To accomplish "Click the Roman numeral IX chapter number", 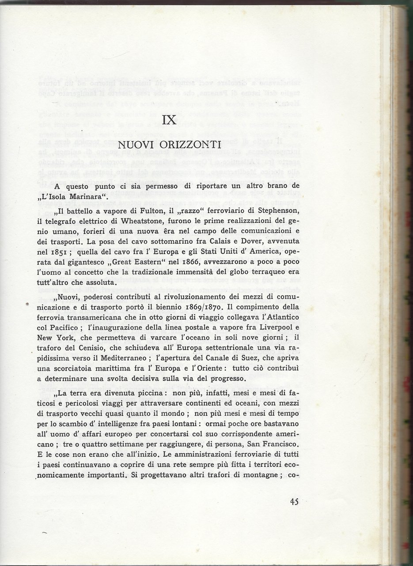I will pos(170,119).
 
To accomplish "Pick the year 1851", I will pos(57,252).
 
